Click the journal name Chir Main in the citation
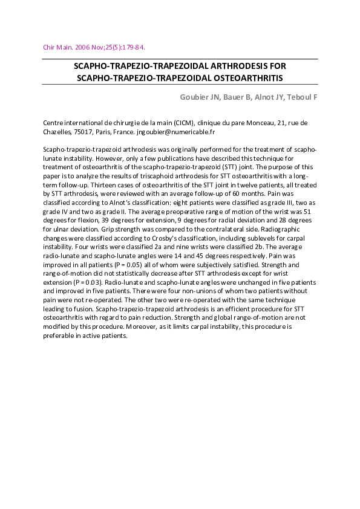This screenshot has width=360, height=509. [x=57, y=47]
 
